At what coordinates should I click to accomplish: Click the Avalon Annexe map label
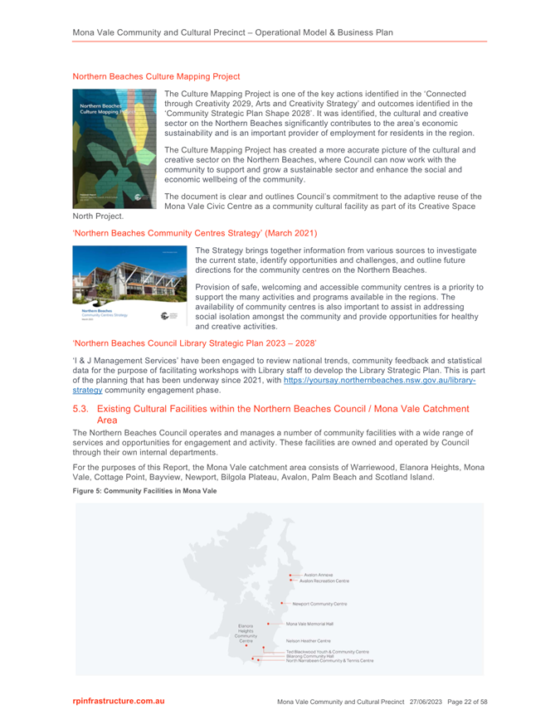(x=319, y=575)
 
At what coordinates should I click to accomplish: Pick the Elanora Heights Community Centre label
(x=246, y=633)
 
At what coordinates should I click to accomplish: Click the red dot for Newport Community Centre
(x=283, y=604)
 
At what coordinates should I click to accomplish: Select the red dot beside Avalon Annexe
(x=290, y=575)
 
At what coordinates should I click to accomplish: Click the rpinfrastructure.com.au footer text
(x=119, y=702)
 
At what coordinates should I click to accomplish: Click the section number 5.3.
(x=80, y=409)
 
